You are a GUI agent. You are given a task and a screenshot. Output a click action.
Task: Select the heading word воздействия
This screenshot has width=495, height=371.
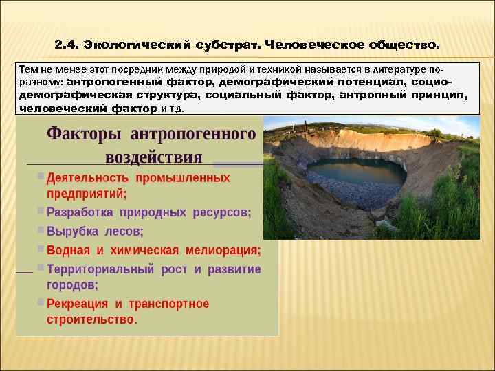pos(153,157)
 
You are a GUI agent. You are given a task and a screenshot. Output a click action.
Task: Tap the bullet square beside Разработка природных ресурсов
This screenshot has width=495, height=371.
pos(41,211)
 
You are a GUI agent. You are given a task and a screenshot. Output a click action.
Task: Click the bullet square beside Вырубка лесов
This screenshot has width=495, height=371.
pos(41,229)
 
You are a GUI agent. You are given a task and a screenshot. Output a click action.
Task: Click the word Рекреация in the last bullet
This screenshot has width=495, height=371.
pos(77,303)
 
